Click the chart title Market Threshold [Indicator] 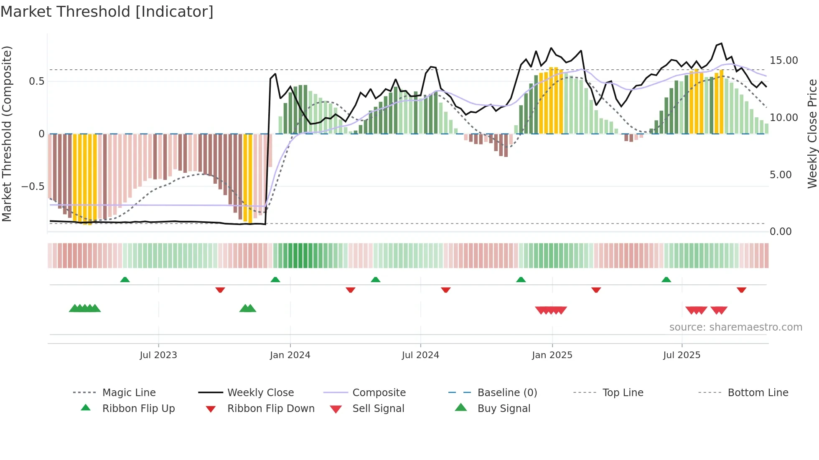(107, 12)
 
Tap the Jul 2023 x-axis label (158, 355)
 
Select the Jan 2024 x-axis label (290, 355)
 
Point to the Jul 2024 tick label (420, 355)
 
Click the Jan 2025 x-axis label (552, 355)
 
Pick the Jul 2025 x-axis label (682, 355)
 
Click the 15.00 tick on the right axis (784, 61)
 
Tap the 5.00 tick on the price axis (781, 175)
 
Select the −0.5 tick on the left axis (33, 187)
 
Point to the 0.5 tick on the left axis (37, 81)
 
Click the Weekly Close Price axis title (812, 134)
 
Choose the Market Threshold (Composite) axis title (7, 134)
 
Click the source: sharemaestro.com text (735, 327)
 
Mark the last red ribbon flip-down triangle (741, 290)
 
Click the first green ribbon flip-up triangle (125, 280)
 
